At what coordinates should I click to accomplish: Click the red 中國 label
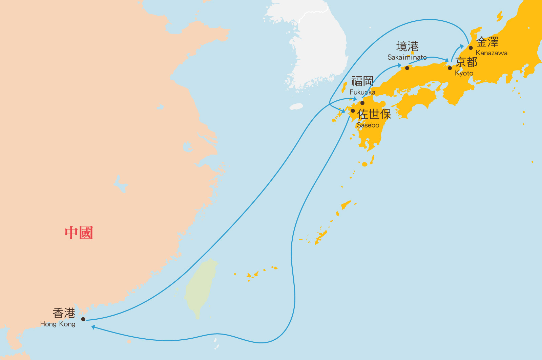point(79,233)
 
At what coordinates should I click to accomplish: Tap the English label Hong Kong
point(58,324)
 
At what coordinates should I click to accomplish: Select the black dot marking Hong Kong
point(83,319)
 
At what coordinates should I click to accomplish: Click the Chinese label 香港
point(64,313)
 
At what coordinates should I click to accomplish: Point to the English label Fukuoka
point(362,92)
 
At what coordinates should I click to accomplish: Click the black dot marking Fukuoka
point(362,103)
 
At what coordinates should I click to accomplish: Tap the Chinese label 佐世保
point(374,114)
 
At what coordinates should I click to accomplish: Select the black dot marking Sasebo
point(353,111)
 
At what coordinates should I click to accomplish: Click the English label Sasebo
point(368,125)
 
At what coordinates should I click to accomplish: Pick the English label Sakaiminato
point(407,57)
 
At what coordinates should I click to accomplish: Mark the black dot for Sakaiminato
point(407,68)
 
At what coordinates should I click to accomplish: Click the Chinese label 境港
point(407,46)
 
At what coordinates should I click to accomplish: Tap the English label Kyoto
point(464,73)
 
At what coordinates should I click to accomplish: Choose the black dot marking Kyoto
point(450,68)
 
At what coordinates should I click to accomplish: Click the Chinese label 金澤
point(487,42)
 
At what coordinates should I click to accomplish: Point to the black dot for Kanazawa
point(471,48)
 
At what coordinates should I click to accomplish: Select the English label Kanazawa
point(492,53)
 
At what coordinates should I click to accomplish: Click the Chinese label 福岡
point(362,81)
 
